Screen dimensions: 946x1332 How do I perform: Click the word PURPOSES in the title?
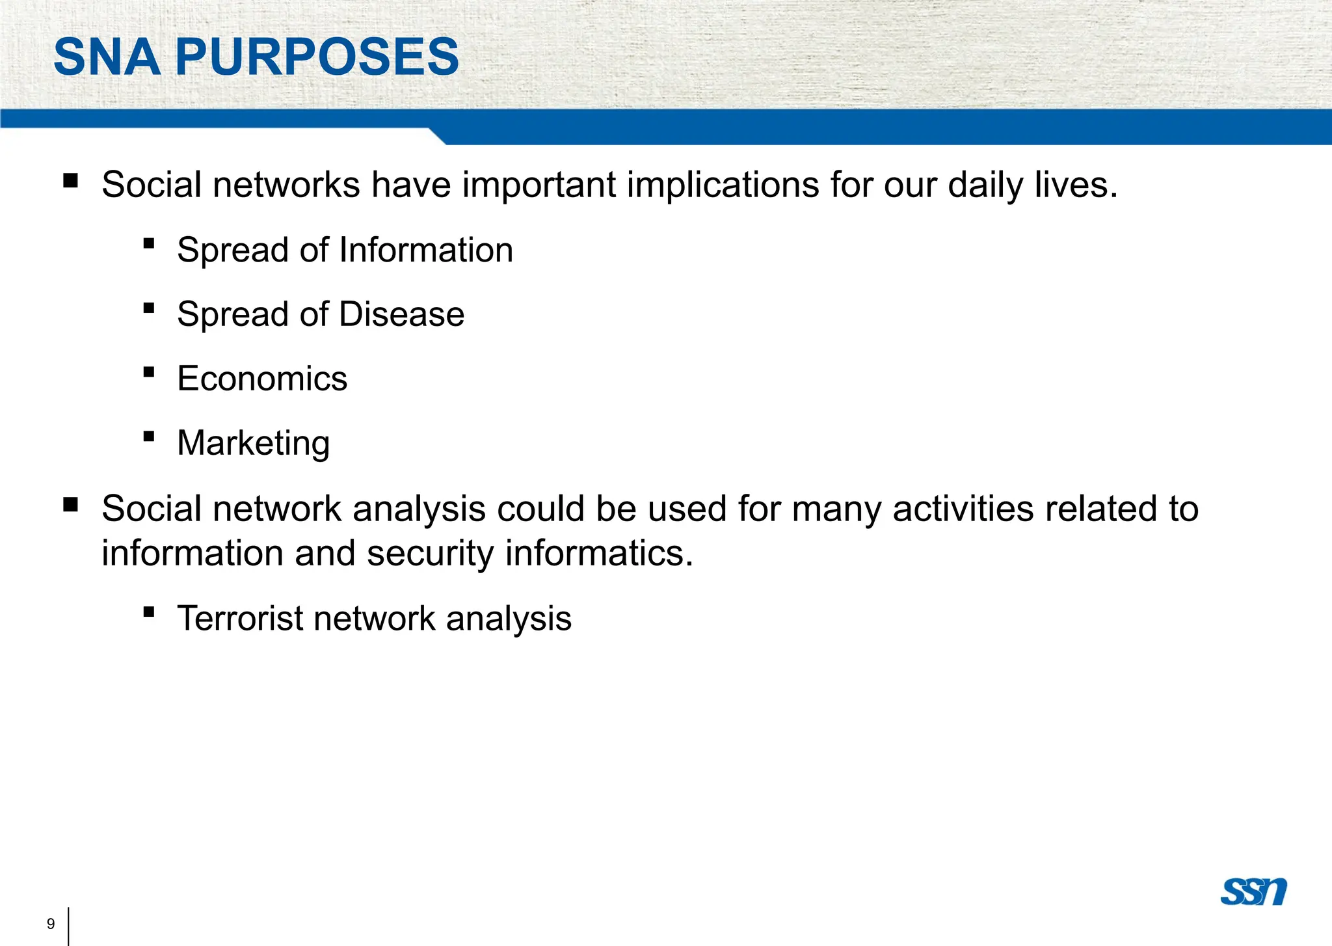[317, 57]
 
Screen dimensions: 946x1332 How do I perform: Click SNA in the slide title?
[107, 57]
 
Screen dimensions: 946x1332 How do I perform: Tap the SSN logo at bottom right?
[1253, 891]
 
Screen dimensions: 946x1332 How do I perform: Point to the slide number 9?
[51, 924]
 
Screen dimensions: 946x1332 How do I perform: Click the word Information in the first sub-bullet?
[426, 250]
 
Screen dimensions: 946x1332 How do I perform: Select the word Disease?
[401, 314]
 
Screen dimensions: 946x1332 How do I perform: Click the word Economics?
[262, 379]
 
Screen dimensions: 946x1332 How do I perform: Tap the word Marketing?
[254, 444]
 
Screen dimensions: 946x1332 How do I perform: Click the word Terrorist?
[240, 618]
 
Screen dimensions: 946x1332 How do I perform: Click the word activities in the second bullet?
[963, 509]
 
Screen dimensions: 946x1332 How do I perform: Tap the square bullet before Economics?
[149, 372]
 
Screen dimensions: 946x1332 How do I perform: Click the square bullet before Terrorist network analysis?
[149, 612]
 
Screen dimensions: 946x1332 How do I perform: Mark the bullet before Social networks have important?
[71, 180]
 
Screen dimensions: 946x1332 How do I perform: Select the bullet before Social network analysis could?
[71, 504]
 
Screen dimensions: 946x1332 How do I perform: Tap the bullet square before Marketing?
[149, 437]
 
